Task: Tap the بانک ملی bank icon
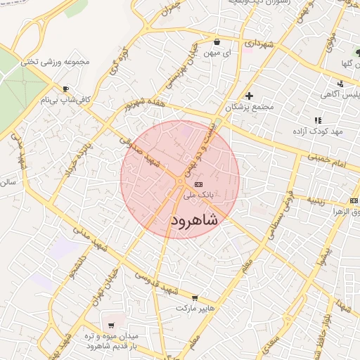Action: [207, 184]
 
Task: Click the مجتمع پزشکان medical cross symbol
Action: [249, 96]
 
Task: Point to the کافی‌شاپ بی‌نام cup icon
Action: [65, 89]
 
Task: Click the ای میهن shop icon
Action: [217, 41]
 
